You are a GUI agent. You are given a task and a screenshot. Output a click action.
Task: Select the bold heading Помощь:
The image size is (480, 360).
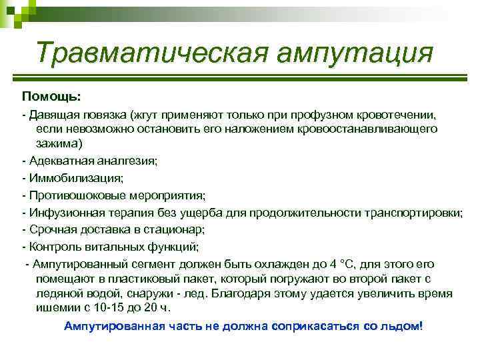click(x=51, y=97)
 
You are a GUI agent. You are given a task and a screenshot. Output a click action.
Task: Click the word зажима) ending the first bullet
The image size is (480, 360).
click(x=60, y=143)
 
